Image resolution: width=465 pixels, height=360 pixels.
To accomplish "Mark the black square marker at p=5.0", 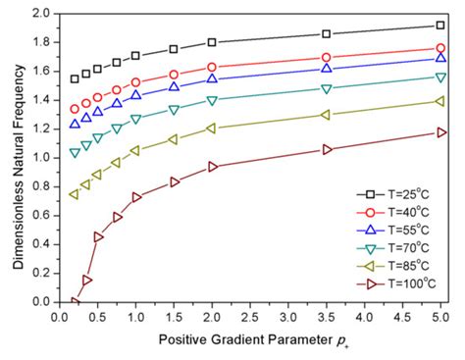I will pyautogui.click(x=439, y=26).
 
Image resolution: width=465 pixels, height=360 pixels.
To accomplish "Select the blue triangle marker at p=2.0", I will pyautogui.click(x=212, y=78).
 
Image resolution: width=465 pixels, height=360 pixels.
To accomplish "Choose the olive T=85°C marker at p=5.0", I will pyautogui.click(x=439, y=101).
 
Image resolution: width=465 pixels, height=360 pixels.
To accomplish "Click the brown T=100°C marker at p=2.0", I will pyautogui.click(x=212, y=167).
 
